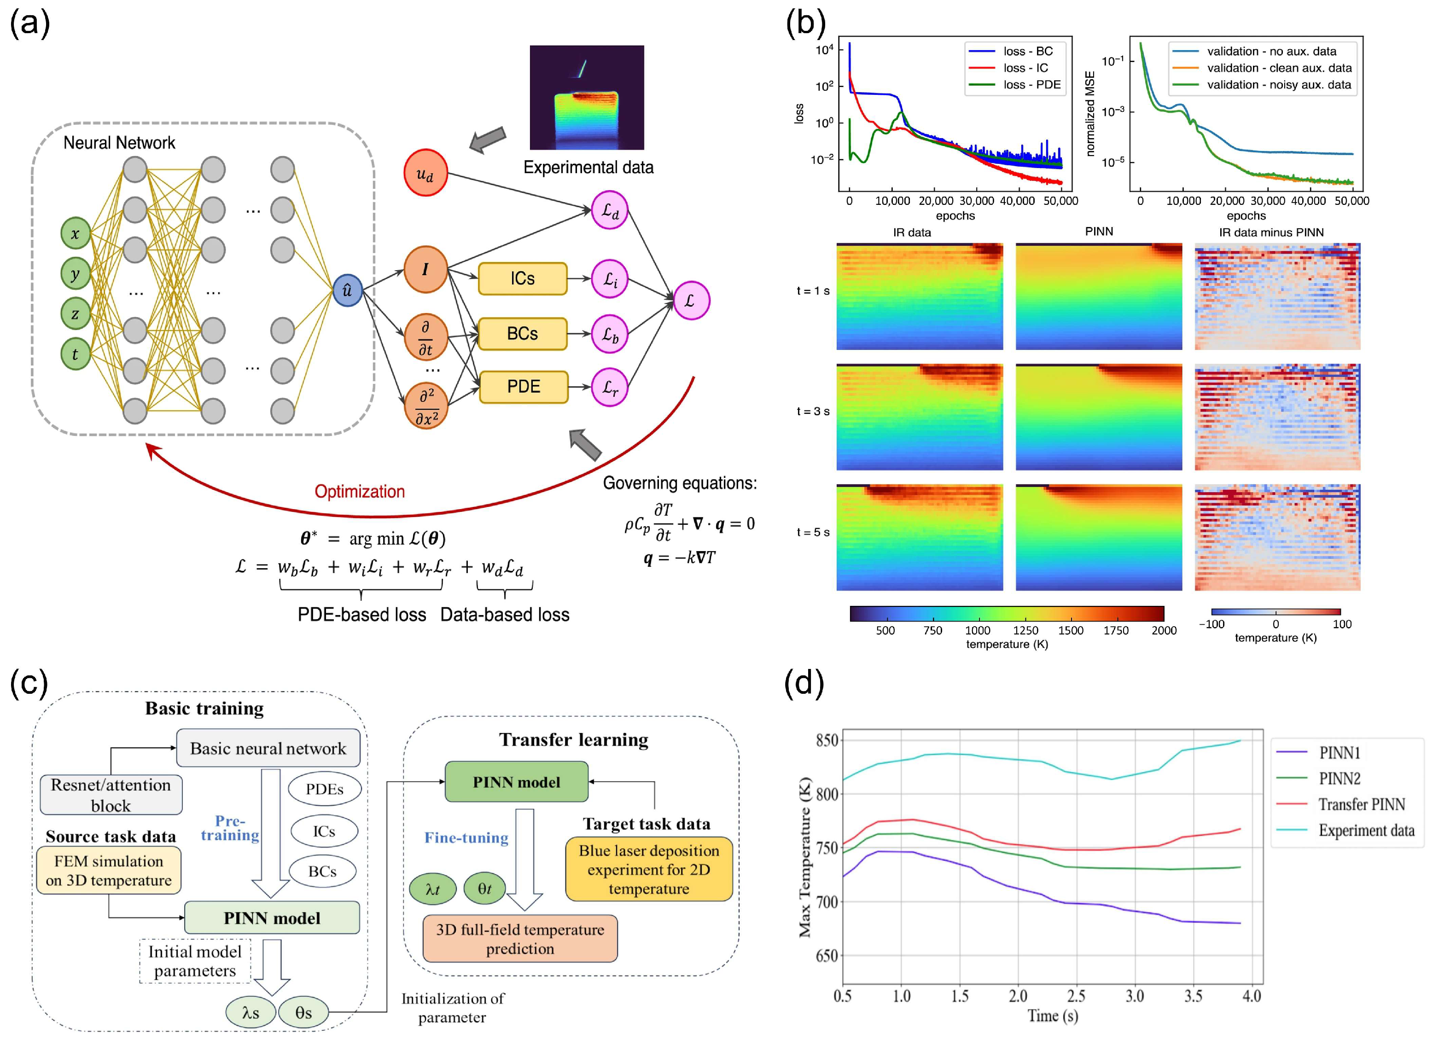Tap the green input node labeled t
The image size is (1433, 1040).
coord(75,354)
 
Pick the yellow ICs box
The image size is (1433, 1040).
coord(523,279)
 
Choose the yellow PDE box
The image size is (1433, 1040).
coord(523,387)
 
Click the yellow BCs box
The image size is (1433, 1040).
coord(523,334)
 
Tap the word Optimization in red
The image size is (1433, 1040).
coord(360,492)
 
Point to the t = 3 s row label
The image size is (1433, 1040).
coord(813,411)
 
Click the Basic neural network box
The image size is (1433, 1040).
coord(268,749)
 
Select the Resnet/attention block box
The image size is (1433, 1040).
coord(111,795)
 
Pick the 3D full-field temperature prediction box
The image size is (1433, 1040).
coord(520,939)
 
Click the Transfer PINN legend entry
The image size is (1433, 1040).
coord(1361,804)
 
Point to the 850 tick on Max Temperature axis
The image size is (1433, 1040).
coord(827,740)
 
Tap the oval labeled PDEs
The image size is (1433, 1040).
coord(324,789)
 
